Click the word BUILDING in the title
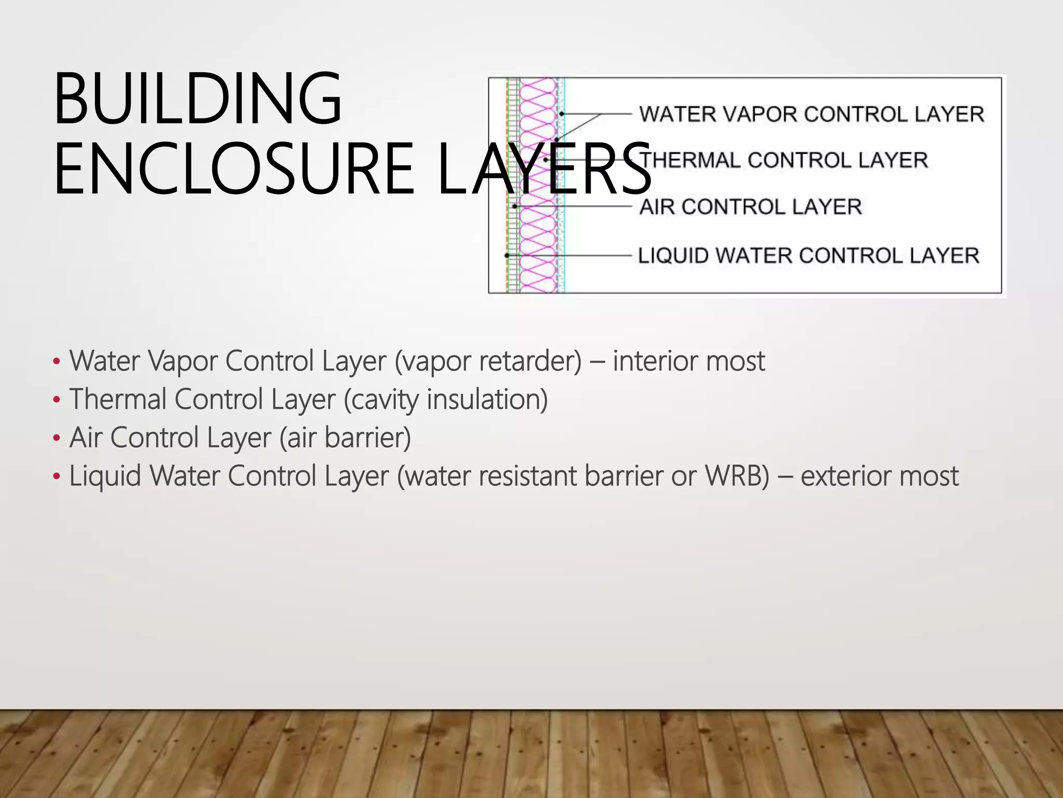click(197, 99)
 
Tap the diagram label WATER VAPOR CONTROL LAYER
click(811, 114)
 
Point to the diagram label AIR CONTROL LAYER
click(751, 207)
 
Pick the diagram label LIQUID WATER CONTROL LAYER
click(809, 256)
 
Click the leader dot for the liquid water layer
click(507, 256)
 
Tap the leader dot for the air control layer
click(514, 206)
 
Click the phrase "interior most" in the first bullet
click(689, 361)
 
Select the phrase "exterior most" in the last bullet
click(879, 476)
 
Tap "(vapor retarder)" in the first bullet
click(488, 361)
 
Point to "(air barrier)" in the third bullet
click(345, 437)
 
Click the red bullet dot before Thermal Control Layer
click(57, 400)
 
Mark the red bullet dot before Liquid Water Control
click(57, 476)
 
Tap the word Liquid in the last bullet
click(105, 476)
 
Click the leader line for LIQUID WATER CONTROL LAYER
click(571, 256)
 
